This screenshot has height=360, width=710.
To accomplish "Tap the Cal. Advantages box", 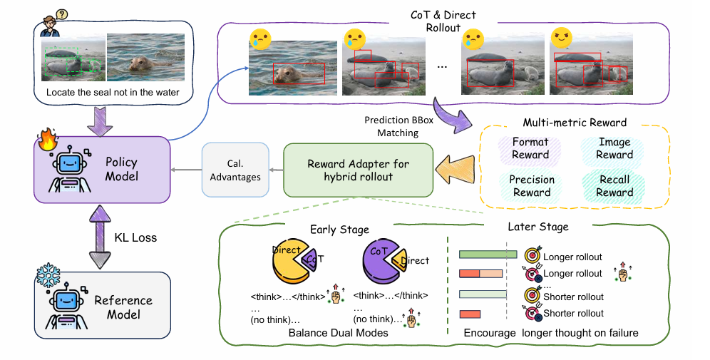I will (235, 170).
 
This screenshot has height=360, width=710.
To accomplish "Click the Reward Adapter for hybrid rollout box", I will (359, 170).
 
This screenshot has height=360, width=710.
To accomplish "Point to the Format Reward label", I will (530, 148).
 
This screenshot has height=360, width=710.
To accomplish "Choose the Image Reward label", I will (614, 148).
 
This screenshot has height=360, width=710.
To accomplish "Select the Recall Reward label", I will (614, 185).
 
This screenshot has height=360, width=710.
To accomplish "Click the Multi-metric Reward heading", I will (574, 123).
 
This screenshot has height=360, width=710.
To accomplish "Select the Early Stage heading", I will (339, 230).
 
